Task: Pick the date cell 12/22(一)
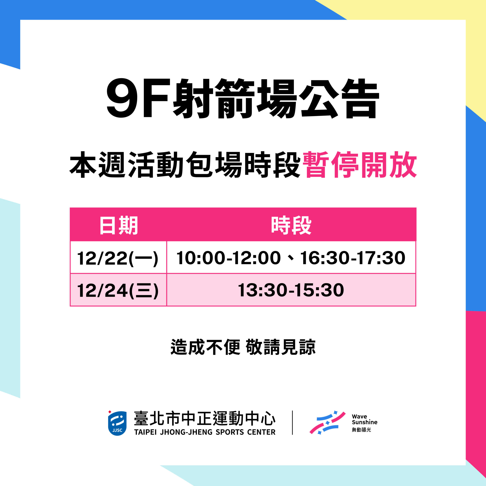118,258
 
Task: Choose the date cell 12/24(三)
118,290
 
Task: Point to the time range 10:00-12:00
228,258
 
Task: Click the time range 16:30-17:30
353,258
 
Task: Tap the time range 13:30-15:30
291,290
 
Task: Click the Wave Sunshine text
364,419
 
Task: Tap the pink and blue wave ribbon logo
327,423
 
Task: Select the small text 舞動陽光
361,430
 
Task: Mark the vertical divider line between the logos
292,423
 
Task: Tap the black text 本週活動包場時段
185,165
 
